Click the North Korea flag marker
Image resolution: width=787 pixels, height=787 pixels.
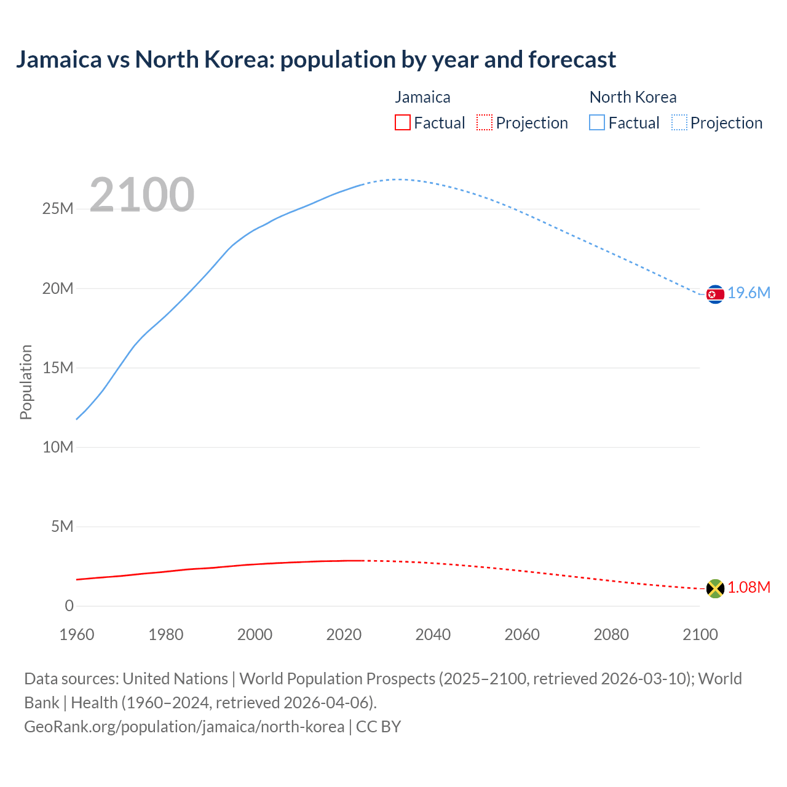[x=715, y=295]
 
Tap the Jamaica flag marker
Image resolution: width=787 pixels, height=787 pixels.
[x=715, y=588]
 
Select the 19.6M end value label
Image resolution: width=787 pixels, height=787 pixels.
[x=749, y=293]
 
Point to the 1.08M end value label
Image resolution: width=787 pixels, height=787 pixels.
[x=749, y=588]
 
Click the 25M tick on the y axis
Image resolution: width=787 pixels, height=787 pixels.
[x=58, y=209]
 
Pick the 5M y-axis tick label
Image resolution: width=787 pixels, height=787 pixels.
[x=62, y=527]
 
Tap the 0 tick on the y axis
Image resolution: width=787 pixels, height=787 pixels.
[x=69, y=606]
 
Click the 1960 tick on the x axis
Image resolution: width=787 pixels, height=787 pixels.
[x=77, y=635]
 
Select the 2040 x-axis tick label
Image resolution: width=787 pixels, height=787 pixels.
[x=433, y=635]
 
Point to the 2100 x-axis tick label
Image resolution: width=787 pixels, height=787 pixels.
[x=700, y=635]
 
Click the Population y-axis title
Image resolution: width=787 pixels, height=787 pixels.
[x=26, y=382]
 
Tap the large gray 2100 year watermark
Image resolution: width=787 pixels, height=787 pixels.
[x=142, y=196]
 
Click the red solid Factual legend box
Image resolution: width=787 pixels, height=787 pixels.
[x=403, y=123]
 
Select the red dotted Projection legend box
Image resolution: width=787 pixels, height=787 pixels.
[x=484, y=123]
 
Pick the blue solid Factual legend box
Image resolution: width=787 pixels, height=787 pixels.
[x=597, y=123]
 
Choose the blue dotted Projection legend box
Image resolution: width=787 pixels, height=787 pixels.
[x=679, y=123]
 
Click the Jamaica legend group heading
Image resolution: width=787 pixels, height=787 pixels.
[x=422, y=97]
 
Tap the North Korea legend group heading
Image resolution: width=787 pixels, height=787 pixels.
[x=633, y=97]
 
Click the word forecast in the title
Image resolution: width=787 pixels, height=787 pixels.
[x=572, y=60]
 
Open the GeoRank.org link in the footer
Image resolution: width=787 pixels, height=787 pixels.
[x=184, y=727]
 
